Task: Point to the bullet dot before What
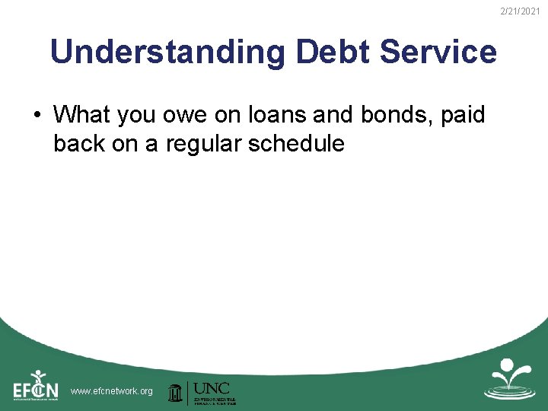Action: point(36,116)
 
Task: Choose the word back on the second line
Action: point(79,143)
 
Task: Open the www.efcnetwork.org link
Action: point(111,391)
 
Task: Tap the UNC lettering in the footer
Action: point(212,387)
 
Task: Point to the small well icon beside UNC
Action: point(175,392)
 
